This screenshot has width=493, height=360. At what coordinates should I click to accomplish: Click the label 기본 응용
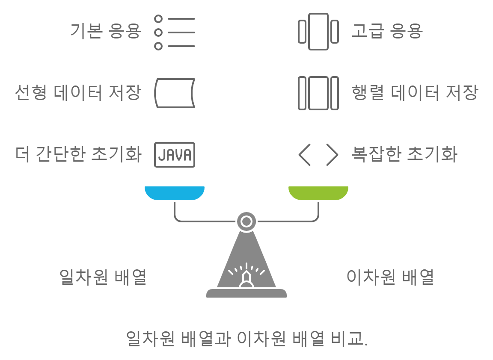click(106, 32)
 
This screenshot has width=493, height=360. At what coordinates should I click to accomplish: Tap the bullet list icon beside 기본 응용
click(174, 32)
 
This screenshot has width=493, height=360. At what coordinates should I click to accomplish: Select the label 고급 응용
click(387, 32)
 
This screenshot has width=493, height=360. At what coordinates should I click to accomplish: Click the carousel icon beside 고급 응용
click(318, 32)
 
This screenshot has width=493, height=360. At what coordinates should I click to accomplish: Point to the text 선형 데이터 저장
click(77, 93)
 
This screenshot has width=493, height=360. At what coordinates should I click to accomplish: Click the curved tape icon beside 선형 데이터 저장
click(175, 93)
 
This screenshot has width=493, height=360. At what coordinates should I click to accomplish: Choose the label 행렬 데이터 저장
click(414, 93)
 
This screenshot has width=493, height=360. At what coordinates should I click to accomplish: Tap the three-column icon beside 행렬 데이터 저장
click(318, 93)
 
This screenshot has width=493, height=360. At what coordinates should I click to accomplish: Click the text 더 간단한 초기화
click(77, 154)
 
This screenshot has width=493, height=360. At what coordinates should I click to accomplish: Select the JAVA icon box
click(175, 155)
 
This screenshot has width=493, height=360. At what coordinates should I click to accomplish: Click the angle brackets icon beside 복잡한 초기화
click(318, 155)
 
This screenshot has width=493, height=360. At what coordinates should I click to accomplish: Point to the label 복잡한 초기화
click(404, 154)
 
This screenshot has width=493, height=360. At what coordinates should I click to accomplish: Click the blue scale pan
click(175, 193)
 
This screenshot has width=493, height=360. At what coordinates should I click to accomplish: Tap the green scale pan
click(318, 193)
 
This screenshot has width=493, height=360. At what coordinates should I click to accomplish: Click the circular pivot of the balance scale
click(246, 221)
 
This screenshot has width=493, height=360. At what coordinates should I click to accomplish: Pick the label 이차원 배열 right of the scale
click(390, 277)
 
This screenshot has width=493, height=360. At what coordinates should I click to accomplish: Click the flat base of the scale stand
click(246, 293)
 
